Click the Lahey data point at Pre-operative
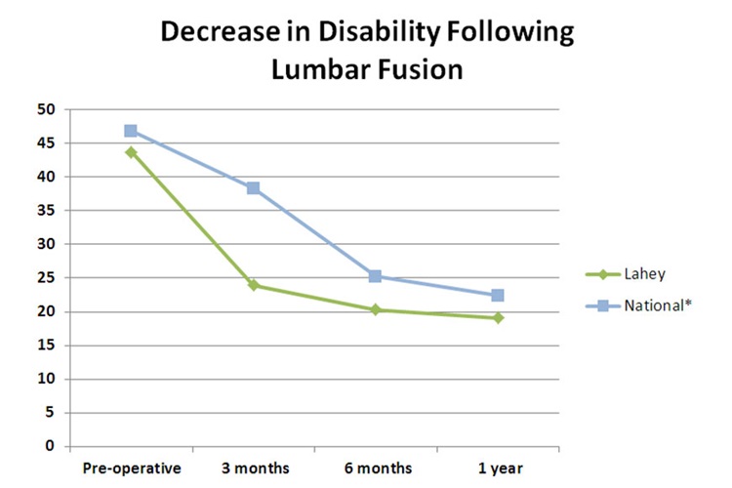(x=131, y=152)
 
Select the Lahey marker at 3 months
(x=253, y=285)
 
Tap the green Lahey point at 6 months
(x=375, y=309)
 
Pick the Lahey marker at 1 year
(x=497, y=318)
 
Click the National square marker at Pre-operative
(x=131, y=131)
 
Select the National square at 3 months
(x=253, y=188)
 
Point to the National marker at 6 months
(x=375, y=276)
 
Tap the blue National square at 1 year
(x=497, y=295)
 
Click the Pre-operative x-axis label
(x=131, y=468)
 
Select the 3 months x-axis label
(x=253, y=468)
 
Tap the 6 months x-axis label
(x=375, y=468)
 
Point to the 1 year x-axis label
(x=497, y=468)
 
